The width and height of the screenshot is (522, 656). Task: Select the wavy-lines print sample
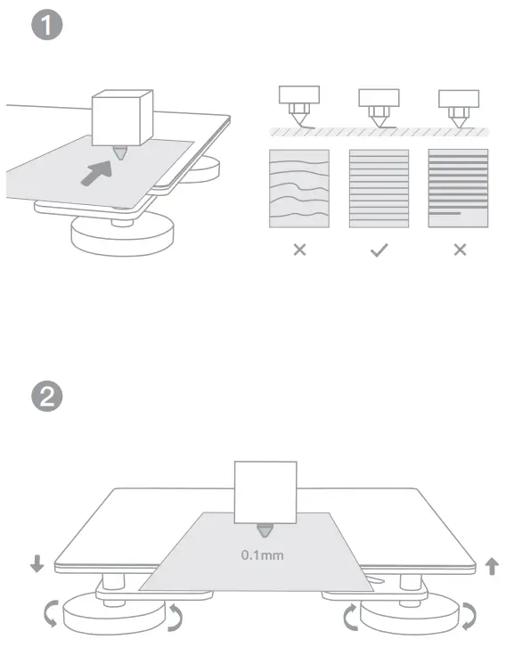pyautogui.click(x=299, y=188)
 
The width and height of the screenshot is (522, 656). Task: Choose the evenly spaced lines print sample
pyautogui.click(x=379, y=188)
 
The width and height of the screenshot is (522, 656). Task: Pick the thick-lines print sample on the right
pyautogui.click(x=458, y=188)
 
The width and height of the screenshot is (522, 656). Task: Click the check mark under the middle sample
pyautogui.click(x=379, y=250)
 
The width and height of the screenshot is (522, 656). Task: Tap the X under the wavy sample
pyautogui.click(x=299, y=250)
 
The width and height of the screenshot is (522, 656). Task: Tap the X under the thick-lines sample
pyautogui.click(x=459, y=250)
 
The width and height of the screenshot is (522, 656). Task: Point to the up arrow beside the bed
pyautogui.click(x=491, y=564)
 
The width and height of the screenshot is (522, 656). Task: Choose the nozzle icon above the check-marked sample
pyautogui.click(x=379, y=106)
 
